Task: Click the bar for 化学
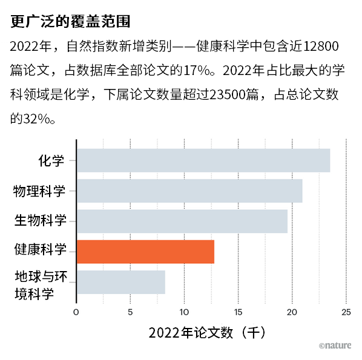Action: click(x=203, y=160)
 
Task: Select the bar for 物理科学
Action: click(x=189, y=191)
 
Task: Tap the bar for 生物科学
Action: click(x=182, y=221)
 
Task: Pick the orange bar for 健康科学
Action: click(x=145, y=252)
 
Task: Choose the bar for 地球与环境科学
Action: click(x=121, y=282)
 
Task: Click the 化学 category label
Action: click(x=51, y=160)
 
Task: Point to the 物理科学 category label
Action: click(x=39, y=191)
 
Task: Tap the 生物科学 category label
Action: click(x=40, y=220)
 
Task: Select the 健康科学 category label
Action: click(x=40, y=249)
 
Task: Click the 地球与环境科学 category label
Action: click(x=41, y=285)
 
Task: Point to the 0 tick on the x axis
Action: click(x=76, y=312)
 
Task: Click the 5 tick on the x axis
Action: click(x=130, y=312)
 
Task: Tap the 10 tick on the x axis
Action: click(x=184, y=312)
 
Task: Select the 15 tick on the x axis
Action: click(x=239, y=312)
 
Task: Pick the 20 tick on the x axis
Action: click(x=292, y=312)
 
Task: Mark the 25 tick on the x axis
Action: click(x=346, y=312)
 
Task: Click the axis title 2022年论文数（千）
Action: click(x=207, y=333)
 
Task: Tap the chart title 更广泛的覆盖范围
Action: click(x=70, y=21)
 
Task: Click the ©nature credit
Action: click(x=335, y=345)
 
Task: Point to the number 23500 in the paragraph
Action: click(x=228, y=94)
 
